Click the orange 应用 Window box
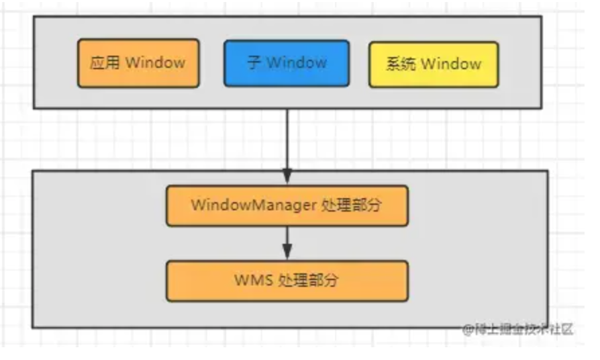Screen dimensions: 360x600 138,63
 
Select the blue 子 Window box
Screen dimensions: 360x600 287,63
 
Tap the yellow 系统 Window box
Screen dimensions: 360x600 434,64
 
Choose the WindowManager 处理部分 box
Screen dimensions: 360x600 287,206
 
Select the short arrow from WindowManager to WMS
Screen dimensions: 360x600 287,240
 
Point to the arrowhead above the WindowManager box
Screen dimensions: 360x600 287,177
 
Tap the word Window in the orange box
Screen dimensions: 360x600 155,63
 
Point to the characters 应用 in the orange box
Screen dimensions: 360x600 105,63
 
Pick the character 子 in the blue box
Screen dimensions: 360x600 254,63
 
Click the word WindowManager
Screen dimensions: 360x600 253,206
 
